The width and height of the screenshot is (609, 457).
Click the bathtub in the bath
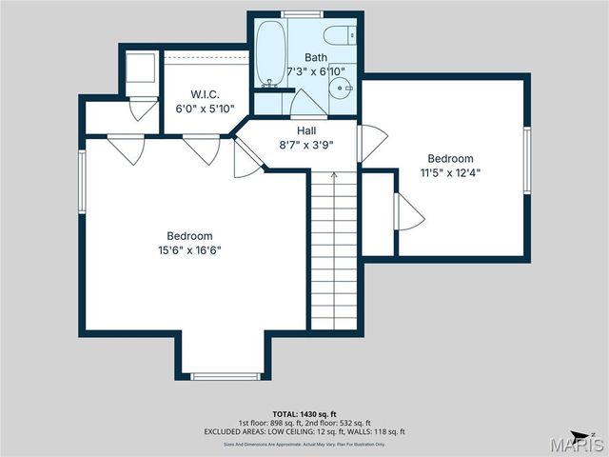(x=268, y=52)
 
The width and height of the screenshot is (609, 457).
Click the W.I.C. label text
(x=205, y=95)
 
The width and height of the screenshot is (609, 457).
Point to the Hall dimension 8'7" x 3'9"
(x=305, y=146)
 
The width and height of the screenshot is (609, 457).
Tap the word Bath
(x=316, y=57)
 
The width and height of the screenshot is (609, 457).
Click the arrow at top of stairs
(x=334, y=175)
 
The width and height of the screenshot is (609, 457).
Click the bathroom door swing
(x=304, y=102)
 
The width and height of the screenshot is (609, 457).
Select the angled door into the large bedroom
(x=246, y=158)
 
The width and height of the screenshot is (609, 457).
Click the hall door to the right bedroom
(x=371, y=143)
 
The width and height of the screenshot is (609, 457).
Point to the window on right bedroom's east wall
(x=526, y=160)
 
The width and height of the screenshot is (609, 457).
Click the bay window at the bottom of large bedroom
(x=225, y=376)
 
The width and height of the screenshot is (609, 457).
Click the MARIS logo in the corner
(x=581, y=443)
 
